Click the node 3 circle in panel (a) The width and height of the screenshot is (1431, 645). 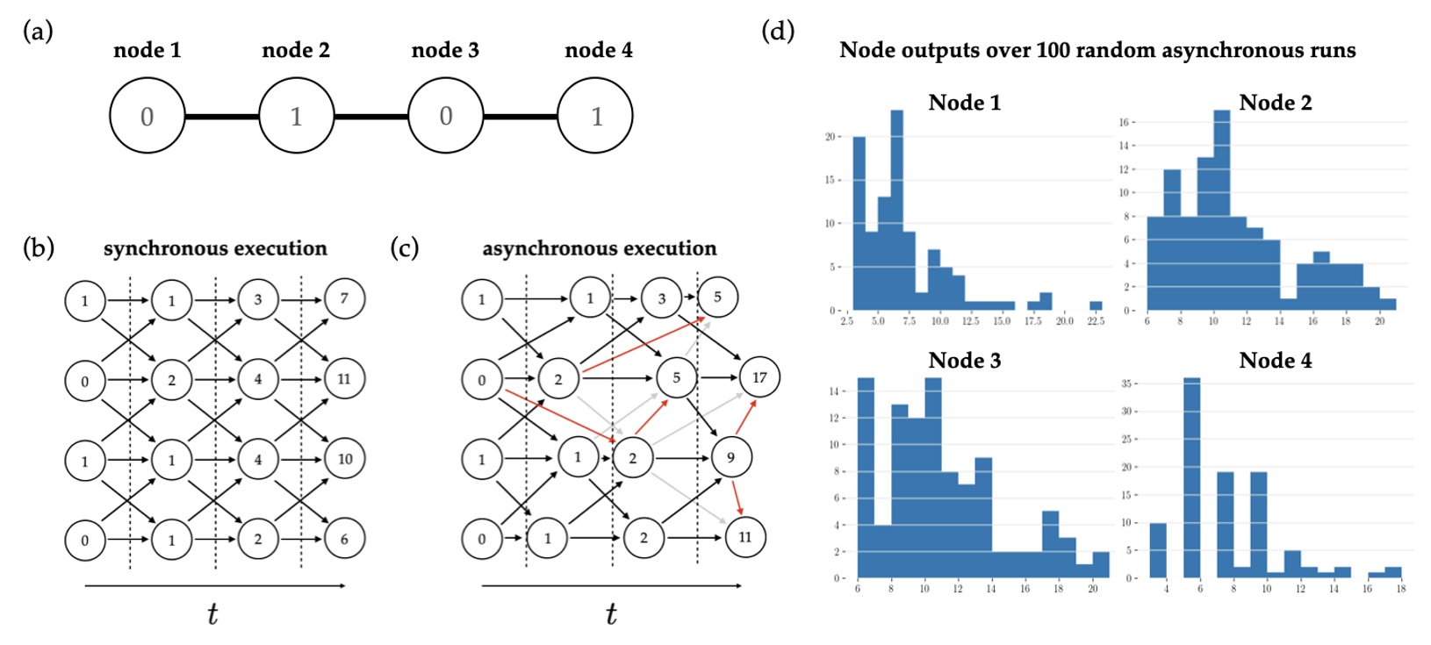[x=446, y=116]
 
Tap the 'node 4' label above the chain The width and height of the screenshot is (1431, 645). [x=598, y=50]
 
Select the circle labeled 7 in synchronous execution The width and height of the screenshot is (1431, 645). [x=344, y=298]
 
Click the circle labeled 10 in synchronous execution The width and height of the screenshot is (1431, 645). [x=344, y=459]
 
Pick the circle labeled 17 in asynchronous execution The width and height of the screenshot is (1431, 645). [x=759, y=377]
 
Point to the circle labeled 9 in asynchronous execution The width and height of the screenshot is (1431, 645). [x=730, y=457]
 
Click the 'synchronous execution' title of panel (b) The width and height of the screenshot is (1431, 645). [x=215, y=248]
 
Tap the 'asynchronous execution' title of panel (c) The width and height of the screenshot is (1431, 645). [x=599, y=248]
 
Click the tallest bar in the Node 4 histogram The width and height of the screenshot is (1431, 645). [x=1191, y=478]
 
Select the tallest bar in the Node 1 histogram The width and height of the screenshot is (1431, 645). [x=896, y=211]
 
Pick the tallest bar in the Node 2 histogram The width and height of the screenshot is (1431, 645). [x=1221, y=211]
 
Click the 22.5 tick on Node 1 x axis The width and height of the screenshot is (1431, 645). [x=1096, y=321]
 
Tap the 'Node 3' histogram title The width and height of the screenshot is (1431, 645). [x=964, y=361]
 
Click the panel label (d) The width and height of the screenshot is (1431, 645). [x=777, y=32]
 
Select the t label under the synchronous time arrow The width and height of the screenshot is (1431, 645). [x=212, y=613]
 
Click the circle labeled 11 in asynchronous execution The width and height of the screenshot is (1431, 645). [x=745, y=537]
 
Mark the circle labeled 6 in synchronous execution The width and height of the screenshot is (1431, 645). [x=344, y=539]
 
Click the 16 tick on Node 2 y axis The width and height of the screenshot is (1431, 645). [x=1125, y=122]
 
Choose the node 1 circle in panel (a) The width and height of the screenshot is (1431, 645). [x=147, y=116]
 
